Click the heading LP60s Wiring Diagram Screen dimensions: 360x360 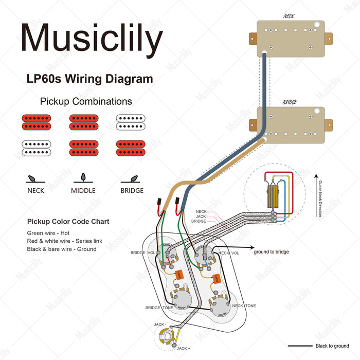tap(89, 79)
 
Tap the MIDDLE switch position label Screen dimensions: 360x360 tap(83, 190)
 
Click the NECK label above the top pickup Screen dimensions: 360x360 tap(290, 16)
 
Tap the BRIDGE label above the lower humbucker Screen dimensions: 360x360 tap(290, 102)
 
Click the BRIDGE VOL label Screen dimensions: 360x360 tap(142, 253)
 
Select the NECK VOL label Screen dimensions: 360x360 tap(228, 253)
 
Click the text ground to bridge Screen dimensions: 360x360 tap(271, 252)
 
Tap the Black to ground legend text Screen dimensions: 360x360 tap(332, 346)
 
